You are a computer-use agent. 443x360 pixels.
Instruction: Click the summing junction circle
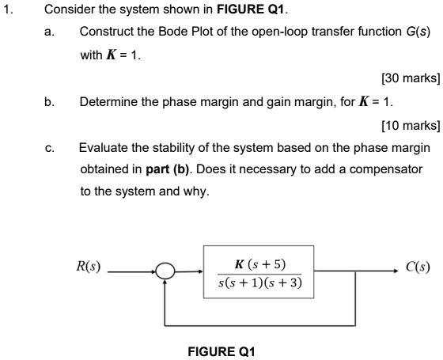(165, 265)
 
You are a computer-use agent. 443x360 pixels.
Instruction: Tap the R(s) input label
(88, 267)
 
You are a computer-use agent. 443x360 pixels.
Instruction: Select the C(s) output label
(418, 267)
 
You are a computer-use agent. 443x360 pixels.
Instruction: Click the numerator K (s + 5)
(260, 264)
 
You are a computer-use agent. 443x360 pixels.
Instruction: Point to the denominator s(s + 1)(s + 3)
(260, 282)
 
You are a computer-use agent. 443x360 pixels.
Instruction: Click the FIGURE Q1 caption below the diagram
(221, 352)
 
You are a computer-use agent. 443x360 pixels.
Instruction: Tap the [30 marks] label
(411, 78)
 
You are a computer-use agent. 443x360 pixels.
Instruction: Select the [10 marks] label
(411, 125)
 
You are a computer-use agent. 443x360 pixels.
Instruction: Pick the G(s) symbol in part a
(418, 32)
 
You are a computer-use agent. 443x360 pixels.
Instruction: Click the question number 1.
(8, 9)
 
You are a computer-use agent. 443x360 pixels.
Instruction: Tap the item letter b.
(49, 102)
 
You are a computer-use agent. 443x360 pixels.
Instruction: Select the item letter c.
(49, 148)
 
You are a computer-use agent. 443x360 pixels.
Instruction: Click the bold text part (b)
(168, 169)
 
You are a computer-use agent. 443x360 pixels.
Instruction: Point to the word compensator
(386, 169)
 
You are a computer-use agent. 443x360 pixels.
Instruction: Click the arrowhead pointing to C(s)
(396, 271)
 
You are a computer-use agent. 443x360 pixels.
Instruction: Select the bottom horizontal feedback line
(259, 325)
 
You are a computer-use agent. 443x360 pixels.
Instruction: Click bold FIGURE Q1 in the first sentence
(250, 9)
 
